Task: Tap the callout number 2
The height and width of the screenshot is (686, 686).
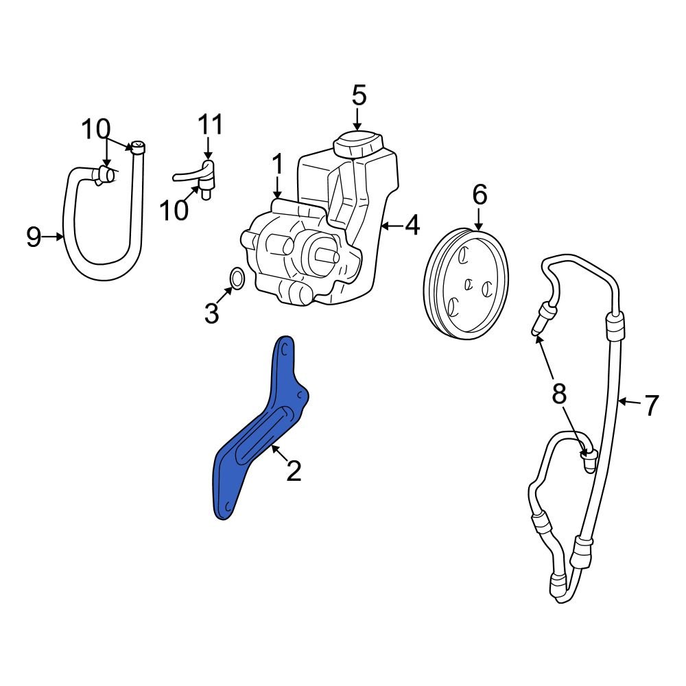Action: click(294, 471)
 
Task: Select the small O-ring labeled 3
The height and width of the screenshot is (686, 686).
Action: click(236, 279)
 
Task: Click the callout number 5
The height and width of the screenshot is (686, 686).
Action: click(359, 95)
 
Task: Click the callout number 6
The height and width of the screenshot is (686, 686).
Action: click(479, 196)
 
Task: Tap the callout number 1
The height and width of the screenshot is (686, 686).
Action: click(277, 165)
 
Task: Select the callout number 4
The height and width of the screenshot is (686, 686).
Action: click(412, 225)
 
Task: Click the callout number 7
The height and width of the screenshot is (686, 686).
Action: click(650, 405)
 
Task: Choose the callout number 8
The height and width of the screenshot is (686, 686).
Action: click(559, 394)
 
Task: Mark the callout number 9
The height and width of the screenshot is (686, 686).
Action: click(34, 237)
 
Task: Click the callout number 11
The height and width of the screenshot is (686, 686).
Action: click(211, 126)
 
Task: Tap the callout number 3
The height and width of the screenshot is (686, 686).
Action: click(211, 314)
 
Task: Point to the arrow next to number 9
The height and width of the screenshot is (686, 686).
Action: click(54, 237)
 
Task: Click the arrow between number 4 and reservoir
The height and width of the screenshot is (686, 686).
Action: click(390, 225)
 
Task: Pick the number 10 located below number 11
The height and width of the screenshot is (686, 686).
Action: click(175, 211)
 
